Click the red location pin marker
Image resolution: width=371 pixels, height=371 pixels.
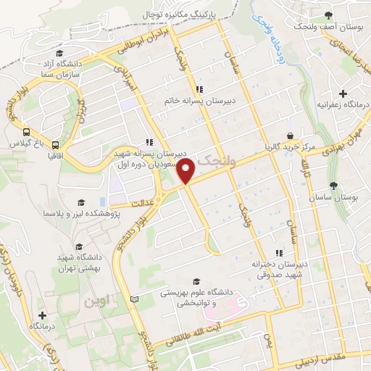(x=187, y=172)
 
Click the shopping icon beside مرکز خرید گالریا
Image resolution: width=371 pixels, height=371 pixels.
(x=291, y=135)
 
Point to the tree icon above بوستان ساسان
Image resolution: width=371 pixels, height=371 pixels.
(x=333, y=185)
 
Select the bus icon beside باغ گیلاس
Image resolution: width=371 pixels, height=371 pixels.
(x=26, y=133)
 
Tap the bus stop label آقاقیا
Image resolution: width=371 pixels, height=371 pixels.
(x=55, y=155)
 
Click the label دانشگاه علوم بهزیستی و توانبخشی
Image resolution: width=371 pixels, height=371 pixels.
(x=218, y=298)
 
